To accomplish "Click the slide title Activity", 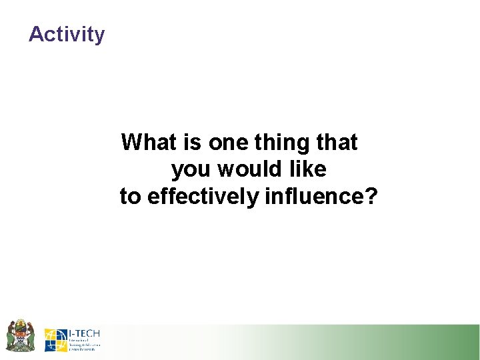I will click(x=67, y=34).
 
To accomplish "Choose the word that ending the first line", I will click(x=335, y=142).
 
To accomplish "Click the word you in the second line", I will click(x=190, y=171).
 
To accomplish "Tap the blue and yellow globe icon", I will click(x=56, y=340).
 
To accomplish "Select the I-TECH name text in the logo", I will click(x=84, y=333).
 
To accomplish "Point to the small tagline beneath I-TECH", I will click(x=84, y=345).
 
